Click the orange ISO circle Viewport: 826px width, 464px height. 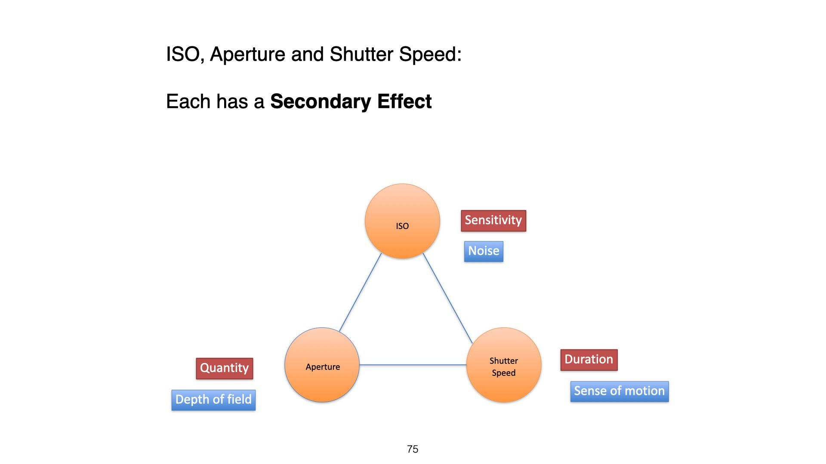click(402, 221)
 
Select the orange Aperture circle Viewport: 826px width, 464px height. click(322, 365)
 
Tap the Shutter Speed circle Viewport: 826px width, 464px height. click(504, 365)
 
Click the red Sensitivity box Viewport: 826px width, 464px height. click(493, 221)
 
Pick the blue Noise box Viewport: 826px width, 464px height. click(484, 251)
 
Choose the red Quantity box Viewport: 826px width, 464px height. click(225, 369)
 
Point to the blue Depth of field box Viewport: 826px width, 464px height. click(213, 400)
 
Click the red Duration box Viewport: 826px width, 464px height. click(589, 360)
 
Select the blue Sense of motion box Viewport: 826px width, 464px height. click(619, 391)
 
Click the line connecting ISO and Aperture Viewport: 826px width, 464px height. click(361, 293)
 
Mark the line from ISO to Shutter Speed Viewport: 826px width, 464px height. click(448, 298)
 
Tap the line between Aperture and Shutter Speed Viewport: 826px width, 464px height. click(413, 365)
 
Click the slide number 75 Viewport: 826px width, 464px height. click(413, 449)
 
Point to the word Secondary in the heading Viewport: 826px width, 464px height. click(321, 102)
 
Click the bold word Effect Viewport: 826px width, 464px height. click(404, 101)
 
